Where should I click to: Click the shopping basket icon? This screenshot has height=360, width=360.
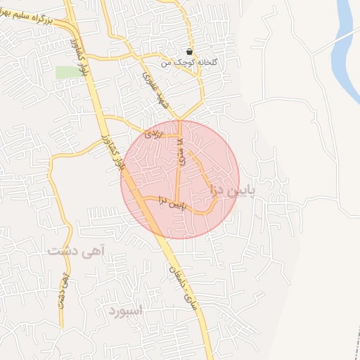[190, 52]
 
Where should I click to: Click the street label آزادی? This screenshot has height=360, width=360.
[153, 133]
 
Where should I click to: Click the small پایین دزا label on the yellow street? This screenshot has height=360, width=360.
[172, 203]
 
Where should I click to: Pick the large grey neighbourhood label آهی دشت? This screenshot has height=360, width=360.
[77, 249]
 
